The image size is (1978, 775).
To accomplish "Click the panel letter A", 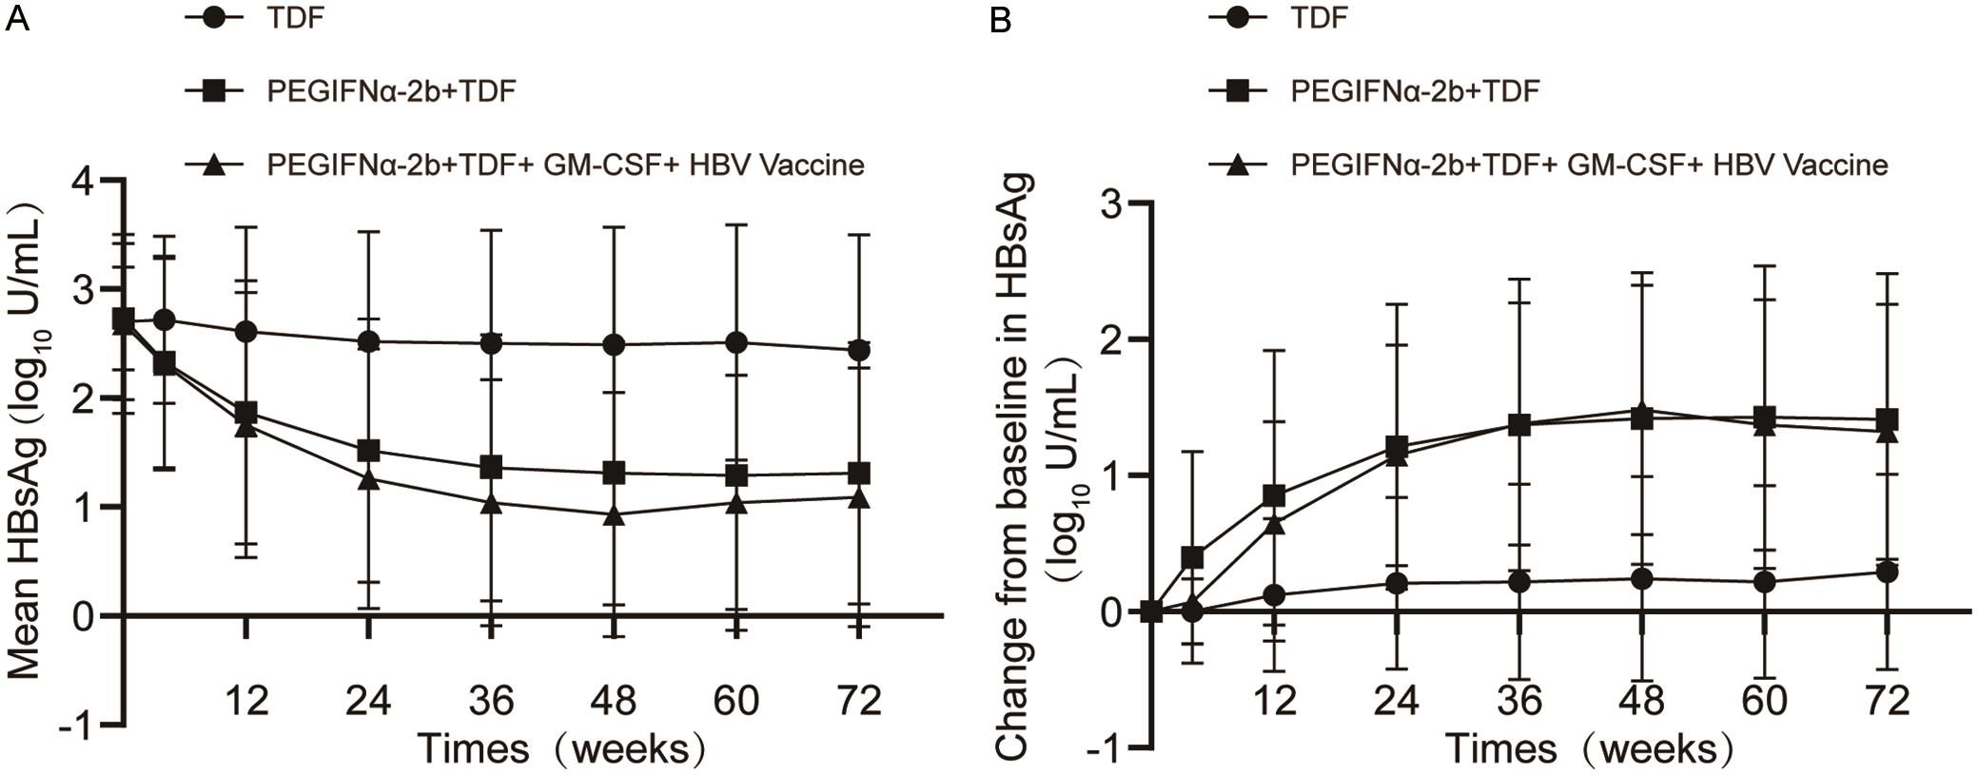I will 16,20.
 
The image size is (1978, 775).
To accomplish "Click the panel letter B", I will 1001,20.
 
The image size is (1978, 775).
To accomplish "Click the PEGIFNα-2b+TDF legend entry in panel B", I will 1414,91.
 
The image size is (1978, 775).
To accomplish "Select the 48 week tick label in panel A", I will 614,701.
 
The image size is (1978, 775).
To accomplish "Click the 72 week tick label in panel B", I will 1886,701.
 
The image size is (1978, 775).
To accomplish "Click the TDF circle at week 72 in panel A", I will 858,351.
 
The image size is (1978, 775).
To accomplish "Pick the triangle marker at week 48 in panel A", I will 614,515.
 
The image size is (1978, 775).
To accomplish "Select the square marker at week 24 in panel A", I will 369,450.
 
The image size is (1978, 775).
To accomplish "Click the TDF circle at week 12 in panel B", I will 1274,595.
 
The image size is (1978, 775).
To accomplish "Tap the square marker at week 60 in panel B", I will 1764,417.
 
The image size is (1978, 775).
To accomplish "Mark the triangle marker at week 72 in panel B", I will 1886,434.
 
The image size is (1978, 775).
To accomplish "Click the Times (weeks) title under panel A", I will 561,749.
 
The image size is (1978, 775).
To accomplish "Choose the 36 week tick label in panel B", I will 1518,701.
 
